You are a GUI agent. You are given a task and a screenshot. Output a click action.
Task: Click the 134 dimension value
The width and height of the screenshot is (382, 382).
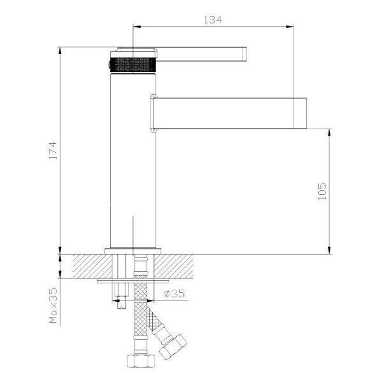pyautogui.click(x=213, y=20)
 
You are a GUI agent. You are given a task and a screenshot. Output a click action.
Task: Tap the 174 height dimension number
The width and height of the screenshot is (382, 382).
pyautogui.click(x=53, y=150)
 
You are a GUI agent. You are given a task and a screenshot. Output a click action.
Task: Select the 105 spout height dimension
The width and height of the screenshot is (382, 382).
pyautogui.click(x=322, y=191)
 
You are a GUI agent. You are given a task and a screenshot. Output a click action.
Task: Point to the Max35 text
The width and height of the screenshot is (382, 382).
pyautogui.click(x=53, y=306)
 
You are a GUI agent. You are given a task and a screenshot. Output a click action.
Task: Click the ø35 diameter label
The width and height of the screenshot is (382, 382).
pyautogui.click(x=174, y=294)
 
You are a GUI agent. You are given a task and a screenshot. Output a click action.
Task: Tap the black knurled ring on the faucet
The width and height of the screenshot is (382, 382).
pyautogui.click(x=133, y=65)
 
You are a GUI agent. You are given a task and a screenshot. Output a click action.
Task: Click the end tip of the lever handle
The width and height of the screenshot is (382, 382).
pyautogui.click(x=246, y=54)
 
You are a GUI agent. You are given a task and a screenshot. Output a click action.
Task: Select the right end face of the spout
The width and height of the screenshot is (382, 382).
pyautogui.click(x=306, y=113)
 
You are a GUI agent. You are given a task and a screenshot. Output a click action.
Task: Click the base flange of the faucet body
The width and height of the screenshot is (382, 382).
pyautogui.click(x=133, y=251)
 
